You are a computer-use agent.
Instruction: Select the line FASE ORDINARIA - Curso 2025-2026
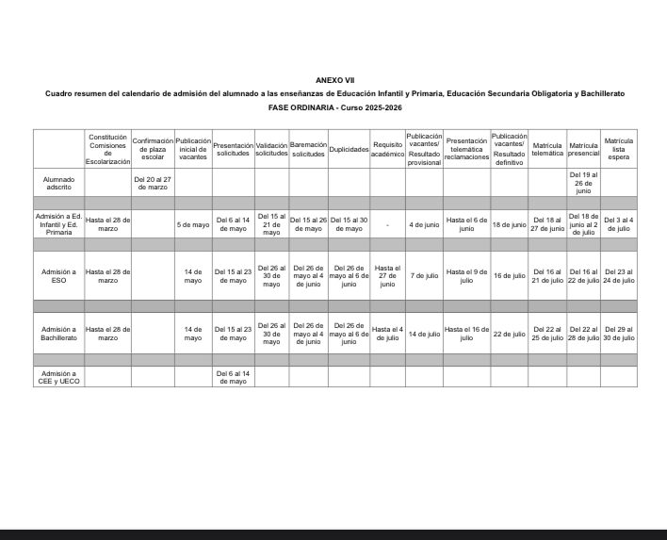[x=334, y=108]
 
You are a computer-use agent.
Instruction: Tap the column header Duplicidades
[x=349, y=150]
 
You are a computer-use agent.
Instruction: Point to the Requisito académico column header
[x=387, y=150]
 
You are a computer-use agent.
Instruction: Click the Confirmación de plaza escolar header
[x=152, y=150]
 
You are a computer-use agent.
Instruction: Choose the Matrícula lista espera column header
[x=618, y=150]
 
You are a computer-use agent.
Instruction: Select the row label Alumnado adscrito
[x=58, y=182]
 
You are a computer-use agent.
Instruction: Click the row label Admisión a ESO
[x=58, y=275]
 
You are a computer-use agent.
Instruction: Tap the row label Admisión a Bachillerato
[x=58, y=334]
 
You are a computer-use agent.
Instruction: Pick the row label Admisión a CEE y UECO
[x=58, y=377]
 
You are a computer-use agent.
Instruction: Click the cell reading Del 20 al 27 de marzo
[x=152, y=182]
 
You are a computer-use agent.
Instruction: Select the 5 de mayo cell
[x=193, y=225]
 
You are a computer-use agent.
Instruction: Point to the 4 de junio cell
[x=424, y=225]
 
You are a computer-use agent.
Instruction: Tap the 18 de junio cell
[x=509, y=225]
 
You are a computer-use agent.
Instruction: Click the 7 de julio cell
[x=424, y=275]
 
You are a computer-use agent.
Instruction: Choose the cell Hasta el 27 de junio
[x=387, y=275]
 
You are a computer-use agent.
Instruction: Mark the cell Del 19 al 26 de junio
[x=583, y=182]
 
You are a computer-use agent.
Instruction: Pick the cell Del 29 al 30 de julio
[x=618, y=334]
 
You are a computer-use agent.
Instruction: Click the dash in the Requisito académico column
[x=387, y=225]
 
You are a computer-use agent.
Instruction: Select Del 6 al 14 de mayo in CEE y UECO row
[x=233, y=377]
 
